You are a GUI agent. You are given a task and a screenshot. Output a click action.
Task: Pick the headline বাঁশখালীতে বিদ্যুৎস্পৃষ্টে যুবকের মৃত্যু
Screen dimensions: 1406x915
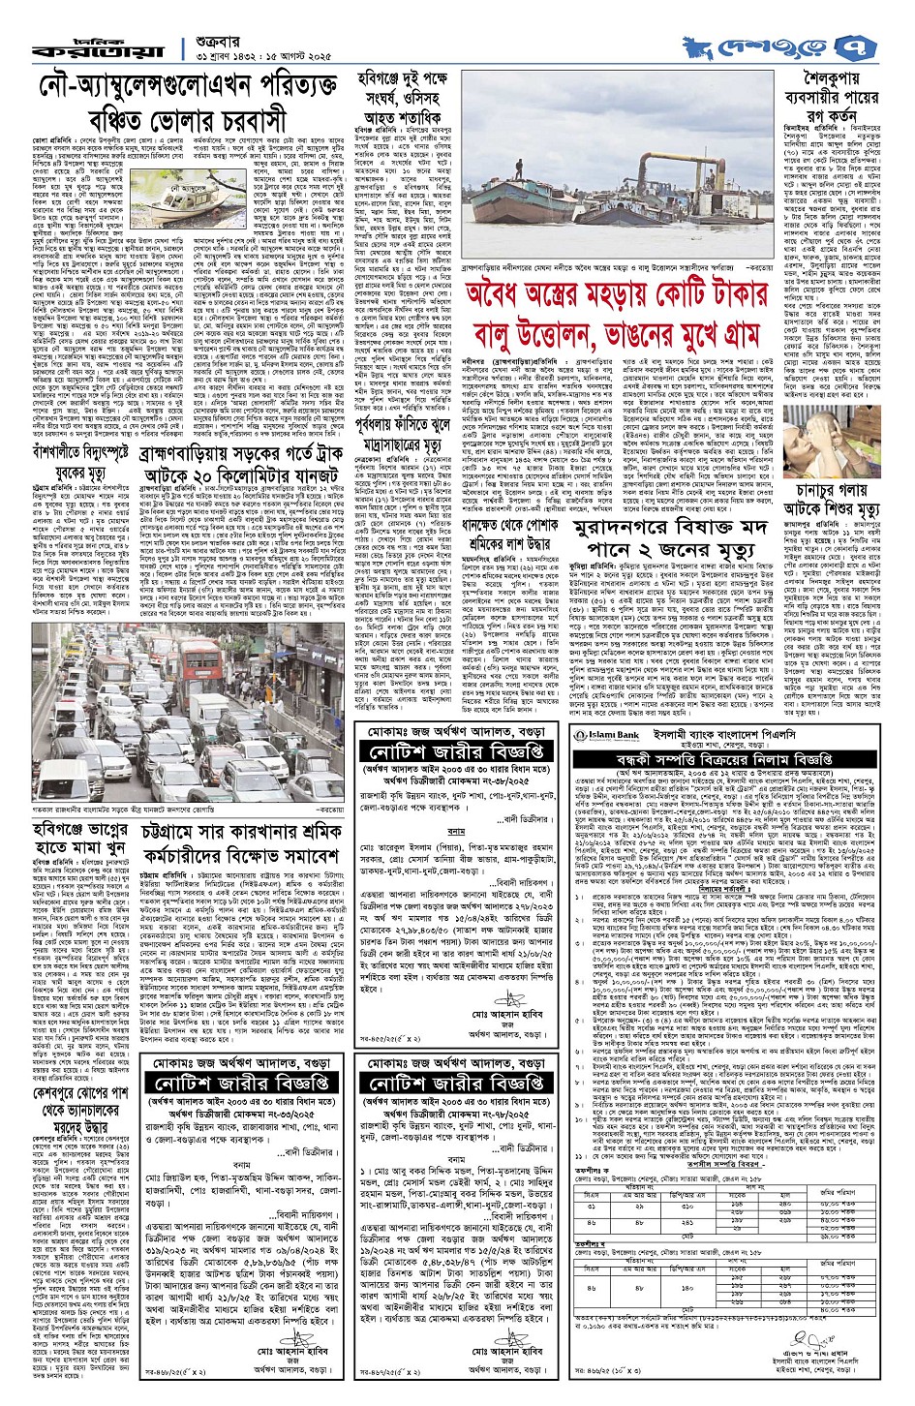(x=73, y=454)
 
